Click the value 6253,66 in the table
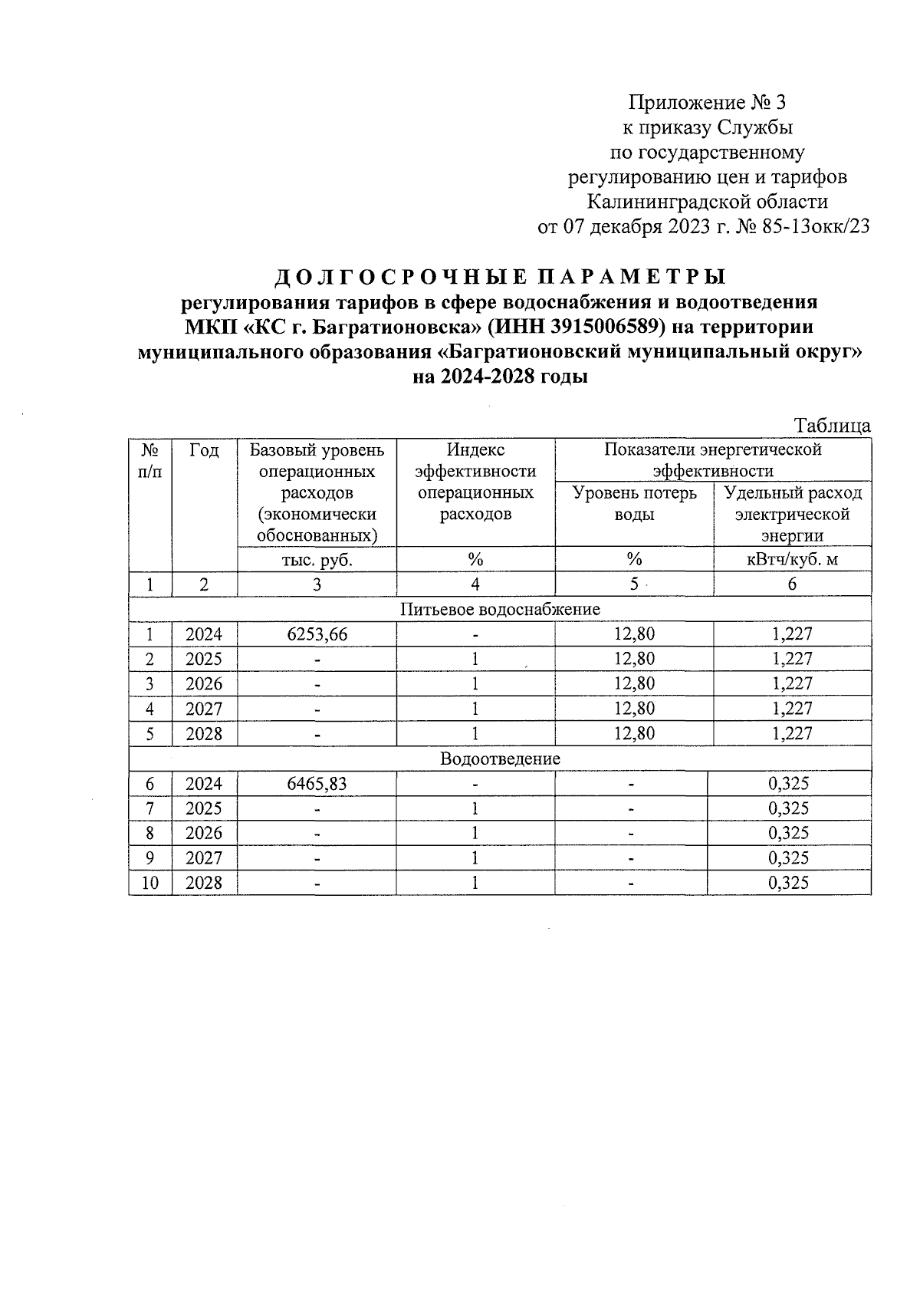pos(317,634)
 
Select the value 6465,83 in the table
pos(317,783)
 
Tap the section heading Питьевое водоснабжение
pos(500,609)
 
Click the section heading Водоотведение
pos(500,759)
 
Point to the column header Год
pos(204,450)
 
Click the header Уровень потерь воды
pos(634,503)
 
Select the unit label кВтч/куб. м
pos(792,559)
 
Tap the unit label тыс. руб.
pos(317,559)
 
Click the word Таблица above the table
pos(833,426)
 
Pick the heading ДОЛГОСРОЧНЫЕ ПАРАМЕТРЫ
pos(500,276)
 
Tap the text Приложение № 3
pos(707,102)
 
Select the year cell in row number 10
pos(204,883)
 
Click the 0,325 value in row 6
pos(789,783)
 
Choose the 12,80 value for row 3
pos(634,683)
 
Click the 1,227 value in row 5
pos(792,733)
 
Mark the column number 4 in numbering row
pos(475,584)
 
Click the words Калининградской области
pos(707,202)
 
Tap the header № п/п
pos(150,460)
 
